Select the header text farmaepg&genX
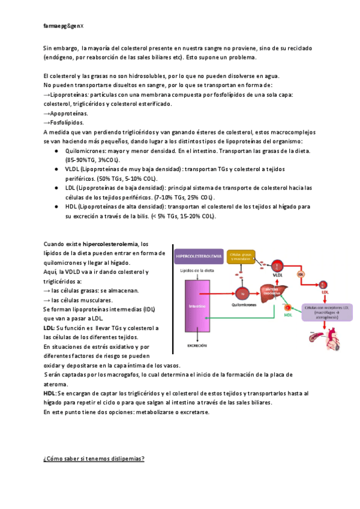point(64,26)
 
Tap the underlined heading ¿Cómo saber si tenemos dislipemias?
point(94,459)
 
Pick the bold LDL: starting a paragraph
point(49,328)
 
